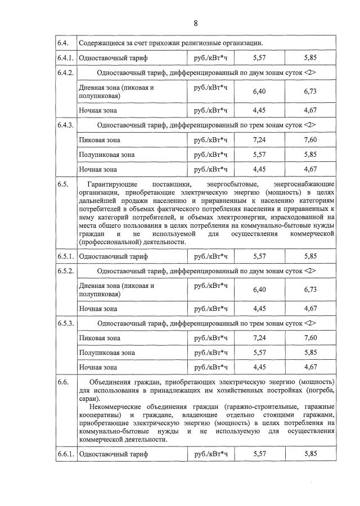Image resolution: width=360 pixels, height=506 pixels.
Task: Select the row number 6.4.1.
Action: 65,58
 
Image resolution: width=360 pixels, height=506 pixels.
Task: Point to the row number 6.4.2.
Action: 65,73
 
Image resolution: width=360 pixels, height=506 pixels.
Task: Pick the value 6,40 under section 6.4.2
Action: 259,92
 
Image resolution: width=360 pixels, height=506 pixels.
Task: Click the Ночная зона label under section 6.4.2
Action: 98,110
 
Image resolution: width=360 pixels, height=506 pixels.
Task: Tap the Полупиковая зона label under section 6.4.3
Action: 107,155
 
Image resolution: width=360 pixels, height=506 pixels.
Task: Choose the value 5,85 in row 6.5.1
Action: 310,256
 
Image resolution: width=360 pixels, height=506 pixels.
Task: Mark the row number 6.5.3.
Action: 65,323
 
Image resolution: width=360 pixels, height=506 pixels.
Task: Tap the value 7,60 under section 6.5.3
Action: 310,338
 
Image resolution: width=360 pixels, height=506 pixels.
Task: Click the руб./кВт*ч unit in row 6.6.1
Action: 210,453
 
